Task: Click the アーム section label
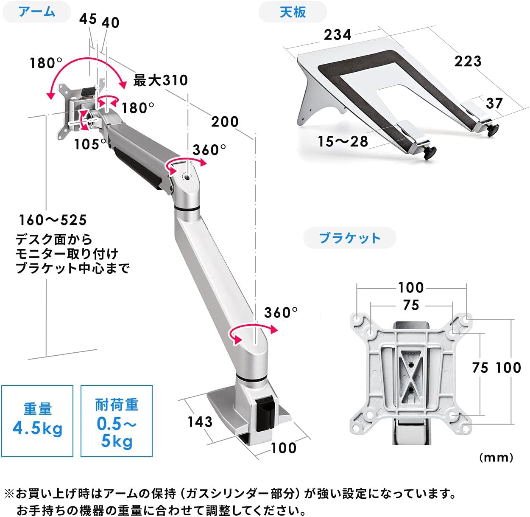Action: pos(36,11)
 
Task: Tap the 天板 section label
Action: pos(293,12)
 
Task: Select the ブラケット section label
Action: pos(349,238)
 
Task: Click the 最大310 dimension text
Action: pos(160,80)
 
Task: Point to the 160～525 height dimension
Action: pos(53,220)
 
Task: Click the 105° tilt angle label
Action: pos(90,144)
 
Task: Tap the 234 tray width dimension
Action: pos(338,34)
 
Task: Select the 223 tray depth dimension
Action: pos(468,61)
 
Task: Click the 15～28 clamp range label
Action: pos(343,141)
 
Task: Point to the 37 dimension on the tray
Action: pos(494,103)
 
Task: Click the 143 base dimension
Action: pos(200,421)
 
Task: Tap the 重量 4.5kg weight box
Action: pos(37,421)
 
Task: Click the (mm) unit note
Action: pos(496,457)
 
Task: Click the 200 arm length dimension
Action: pos(225,122)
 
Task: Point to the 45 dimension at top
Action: pos(88,19)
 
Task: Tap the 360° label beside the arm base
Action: pos(281,313)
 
